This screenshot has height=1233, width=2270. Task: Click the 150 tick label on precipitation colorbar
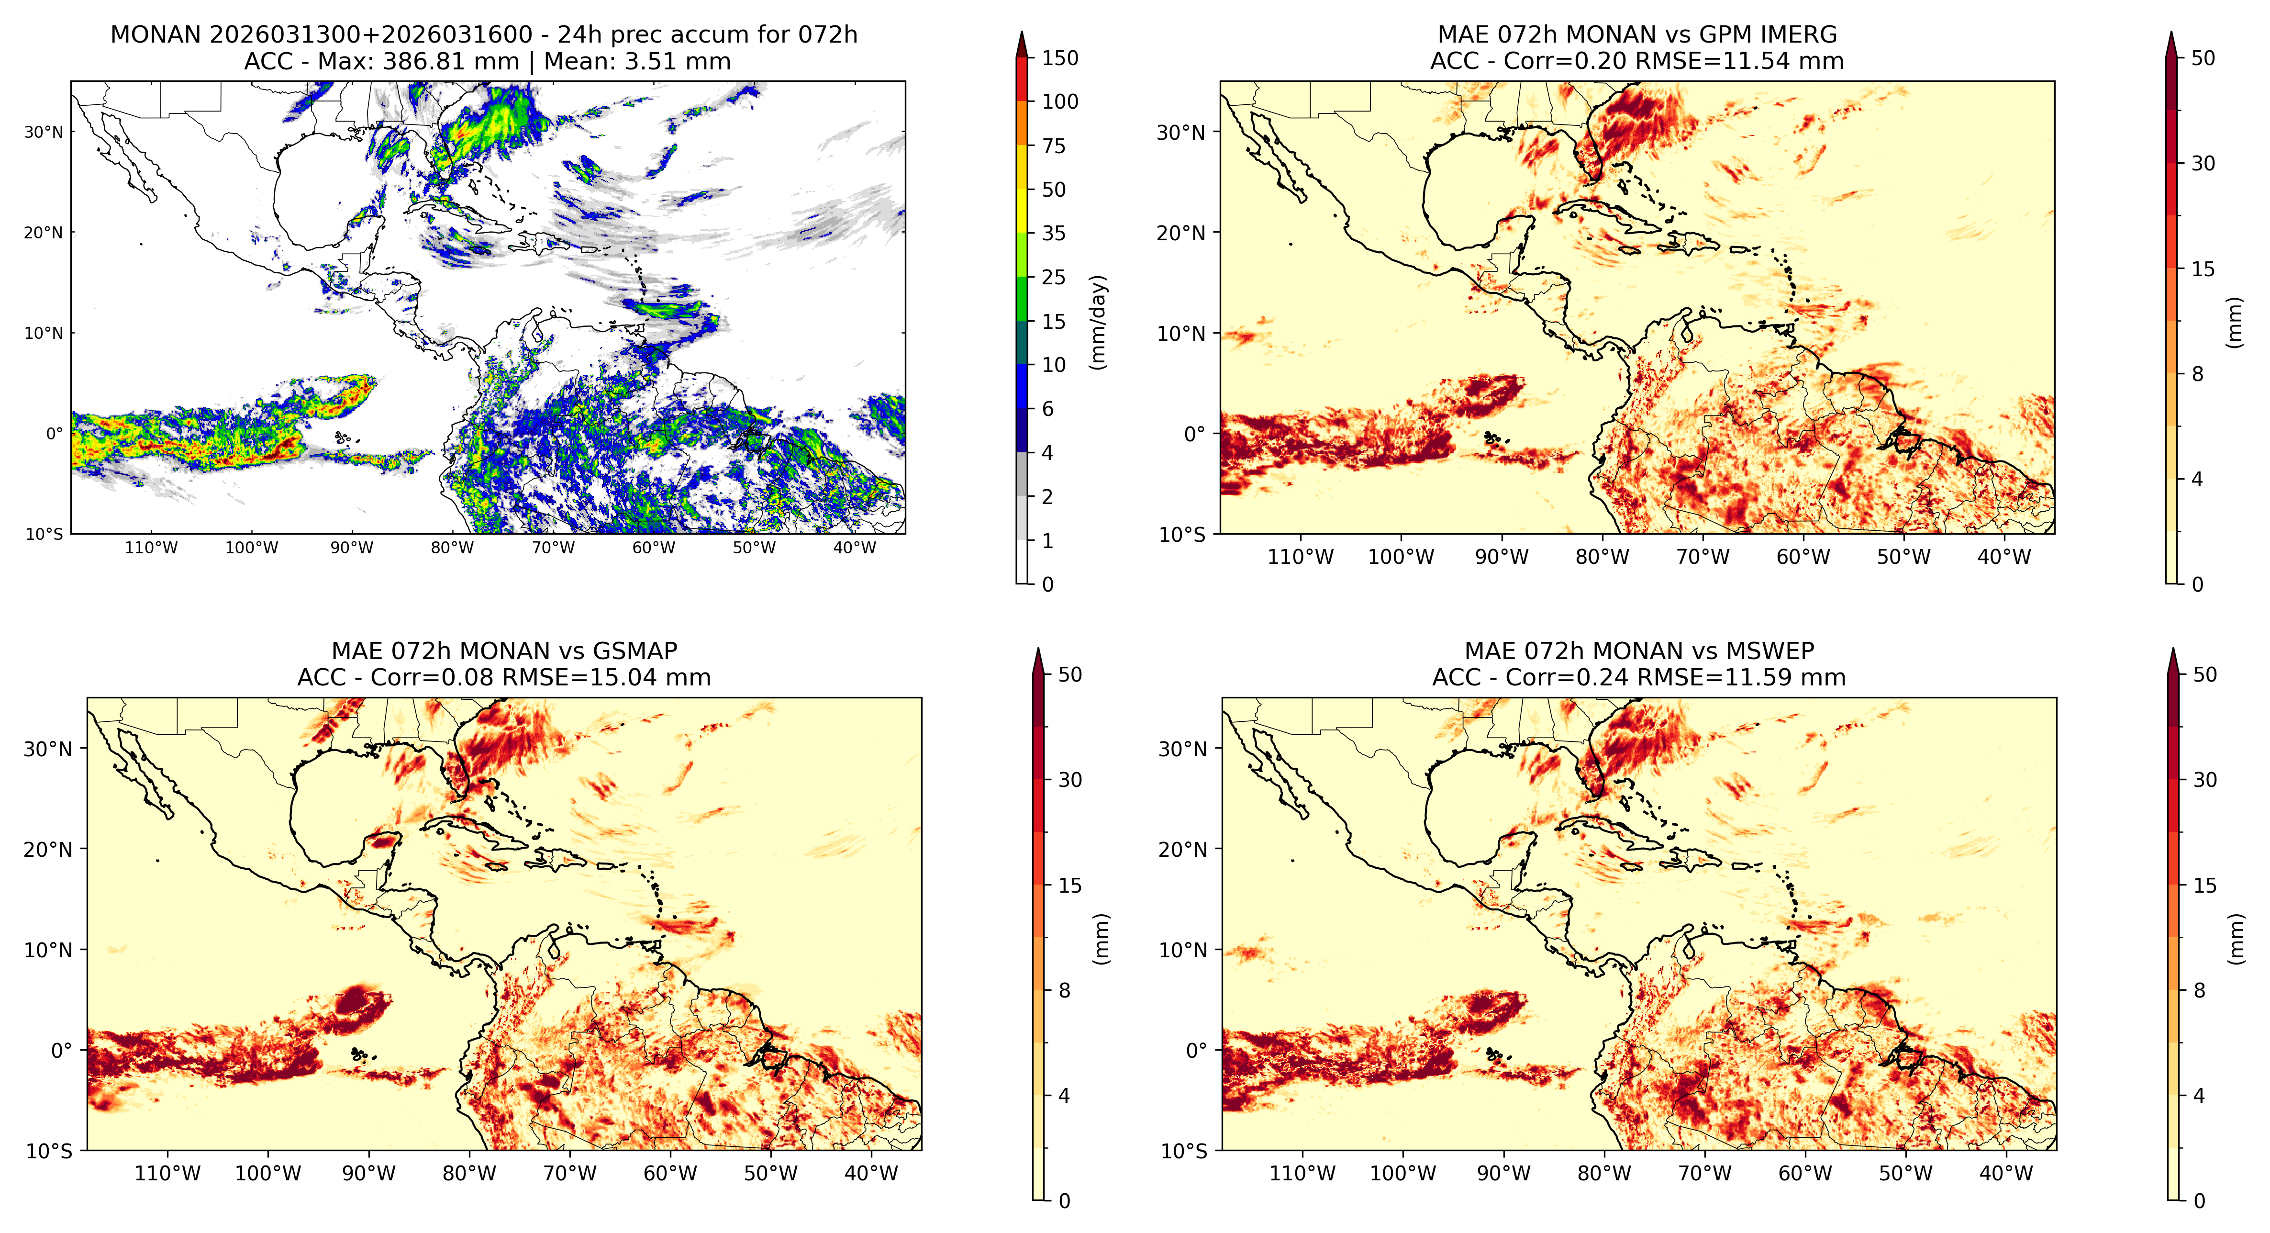click(x=1060, y=58)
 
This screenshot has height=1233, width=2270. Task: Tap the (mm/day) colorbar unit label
click(x=1098, y=322)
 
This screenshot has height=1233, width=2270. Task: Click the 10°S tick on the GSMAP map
click(x=49, y=1151)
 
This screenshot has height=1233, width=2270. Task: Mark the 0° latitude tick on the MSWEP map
click(x=1197, y=1051)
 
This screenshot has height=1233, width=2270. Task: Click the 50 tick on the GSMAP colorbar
click(x=1070, y=675)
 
